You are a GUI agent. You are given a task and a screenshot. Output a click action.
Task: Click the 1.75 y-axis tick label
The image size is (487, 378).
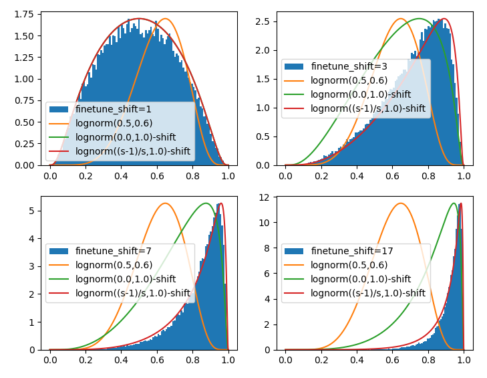tap(25, 14)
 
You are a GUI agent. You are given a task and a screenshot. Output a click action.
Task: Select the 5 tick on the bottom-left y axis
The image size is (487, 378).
tap(32, 211)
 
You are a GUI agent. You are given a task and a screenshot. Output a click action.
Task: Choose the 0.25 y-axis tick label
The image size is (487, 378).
tap(25, 143)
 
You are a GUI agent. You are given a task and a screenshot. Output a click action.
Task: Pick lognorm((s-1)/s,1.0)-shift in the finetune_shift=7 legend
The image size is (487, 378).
tap(133, 292)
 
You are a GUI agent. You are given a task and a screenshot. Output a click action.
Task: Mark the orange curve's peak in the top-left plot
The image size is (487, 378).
tap(165, 19)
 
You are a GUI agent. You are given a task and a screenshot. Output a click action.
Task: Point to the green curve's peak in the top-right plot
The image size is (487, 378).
tap(419, 19)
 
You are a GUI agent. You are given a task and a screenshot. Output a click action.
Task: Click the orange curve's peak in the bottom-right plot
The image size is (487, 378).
tap(401, 203)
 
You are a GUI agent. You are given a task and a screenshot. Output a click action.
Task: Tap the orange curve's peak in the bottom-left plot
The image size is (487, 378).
tap(165, 203)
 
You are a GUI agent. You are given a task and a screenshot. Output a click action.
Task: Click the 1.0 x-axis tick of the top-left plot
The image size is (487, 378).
tap(228, 177)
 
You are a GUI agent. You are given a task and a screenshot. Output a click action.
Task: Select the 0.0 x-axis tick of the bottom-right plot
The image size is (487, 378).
tap(285, 361)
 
